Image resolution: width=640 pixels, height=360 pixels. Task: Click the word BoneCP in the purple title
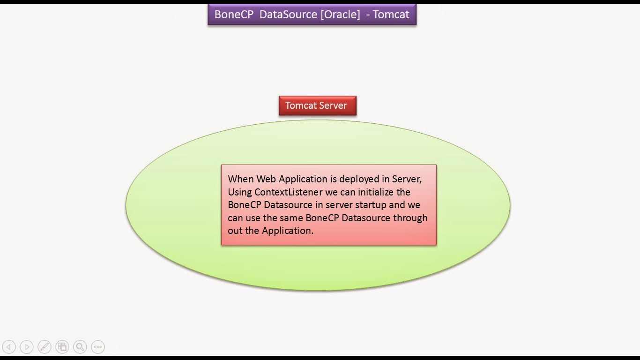pyautogui.click(x=234, y=15)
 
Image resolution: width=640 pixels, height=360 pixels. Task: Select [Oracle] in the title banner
pyautogui.click(x=340, y=15)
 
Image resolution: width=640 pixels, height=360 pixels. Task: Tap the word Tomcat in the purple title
pyautogui.click(x=391, y=15)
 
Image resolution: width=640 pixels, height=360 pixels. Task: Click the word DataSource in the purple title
pyautogui.click(x=288, y=15)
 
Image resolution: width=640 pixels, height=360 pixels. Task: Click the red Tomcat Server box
pyautogui.click(x=318, y=105)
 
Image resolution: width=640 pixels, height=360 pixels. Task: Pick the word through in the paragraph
pyautogui.click(x=410, y=218)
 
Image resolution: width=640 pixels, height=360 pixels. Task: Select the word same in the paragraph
pyautogui.click(x=291, y=218)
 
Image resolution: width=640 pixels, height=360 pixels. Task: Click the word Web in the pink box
pyautogui.click(x=266, y=179)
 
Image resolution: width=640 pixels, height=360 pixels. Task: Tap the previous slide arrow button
pyautogui.click(x=9, y=347)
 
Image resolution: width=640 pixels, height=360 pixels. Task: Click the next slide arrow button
pyautogui.click(x=27, y=347)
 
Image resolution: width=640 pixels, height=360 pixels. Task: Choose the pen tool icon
pyautogui.click(x=45, y=347)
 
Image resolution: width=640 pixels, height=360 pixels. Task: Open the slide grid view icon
pyautogui.click(x=62, y=347)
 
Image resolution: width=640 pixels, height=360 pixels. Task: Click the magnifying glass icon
pyautogui.click(x=80, y=347)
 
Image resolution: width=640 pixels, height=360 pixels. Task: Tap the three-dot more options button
pyautogui.click(x=98, y=347)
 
